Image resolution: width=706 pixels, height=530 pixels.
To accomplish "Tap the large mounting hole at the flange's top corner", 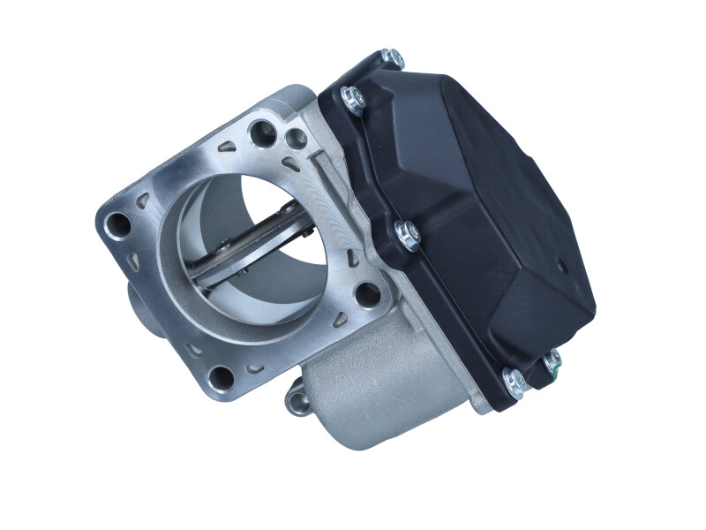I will pos(262,133).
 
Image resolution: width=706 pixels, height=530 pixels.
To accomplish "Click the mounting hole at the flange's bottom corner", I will pos(222,377).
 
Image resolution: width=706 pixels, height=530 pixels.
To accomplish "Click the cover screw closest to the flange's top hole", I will pos(351,99).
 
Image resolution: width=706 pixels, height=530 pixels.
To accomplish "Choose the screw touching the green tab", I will pos(552,361).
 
